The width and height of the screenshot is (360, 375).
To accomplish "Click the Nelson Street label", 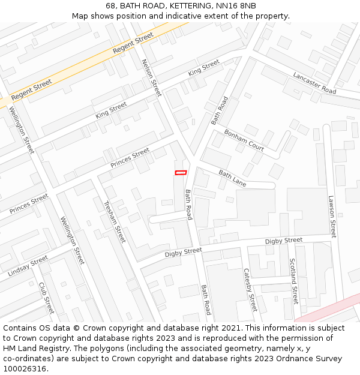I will click(152, 77).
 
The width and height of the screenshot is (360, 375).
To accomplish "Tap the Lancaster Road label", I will click(314, 83).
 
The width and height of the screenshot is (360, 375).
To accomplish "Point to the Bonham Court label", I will click(244, 140).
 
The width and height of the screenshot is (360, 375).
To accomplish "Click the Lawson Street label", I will click(332, 216).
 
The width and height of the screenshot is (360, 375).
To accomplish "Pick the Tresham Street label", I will click(115, 221).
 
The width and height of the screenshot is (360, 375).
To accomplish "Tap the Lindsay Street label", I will click(28, 266).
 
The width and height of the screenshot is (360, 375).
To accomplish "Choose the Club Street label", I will click(46, 298).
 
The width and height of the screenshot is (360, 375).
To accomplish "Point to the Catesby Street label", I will click(250, 290).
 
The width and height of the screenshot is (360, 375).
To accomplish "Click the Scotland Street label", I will click(293, 281).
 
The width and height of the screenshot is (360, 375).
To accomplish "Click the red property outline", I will click(181, 173).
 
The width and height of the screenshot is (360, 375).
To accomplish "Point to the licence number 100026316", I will click(25, 369).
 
